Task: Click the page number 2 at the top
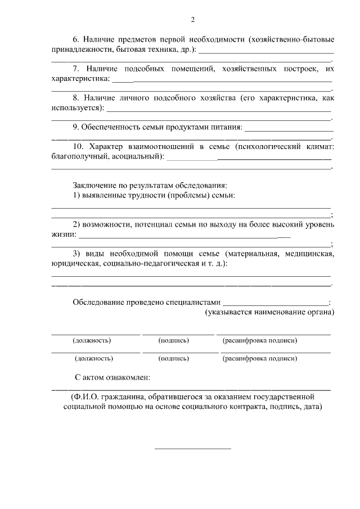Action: coord(192,20)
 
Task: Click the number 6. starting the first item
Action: coord(77,40)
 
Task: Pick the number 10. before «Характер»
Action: coord(79,147)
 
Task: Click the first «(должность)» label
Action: coord(92,341)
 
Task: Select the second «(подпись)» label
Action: coord(174,358)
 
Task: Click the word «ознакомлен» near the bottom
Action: coord(127,377)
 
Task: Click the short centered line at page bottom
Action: coord(192,448)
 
